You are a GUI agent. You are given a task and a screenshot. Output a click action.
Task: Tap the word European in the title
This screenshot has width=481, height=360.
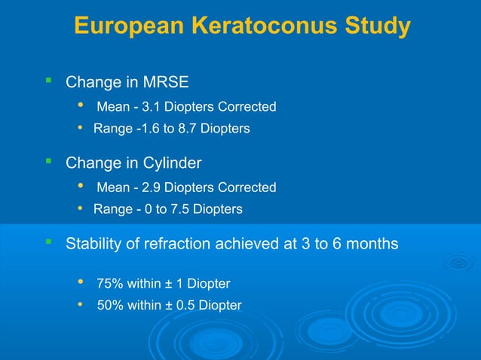click(129, 26)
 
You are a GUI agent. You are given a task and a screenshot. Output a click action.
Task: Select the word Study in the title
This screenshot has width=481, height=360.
click(376, 26)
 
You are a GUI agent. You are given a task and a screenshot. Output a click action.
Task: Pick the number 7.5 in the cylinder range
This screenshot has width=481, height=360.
click(179, 209)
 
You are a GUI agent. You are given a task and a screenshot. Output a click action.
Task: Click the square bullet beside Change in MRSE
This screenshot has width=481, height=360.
click(47, 79)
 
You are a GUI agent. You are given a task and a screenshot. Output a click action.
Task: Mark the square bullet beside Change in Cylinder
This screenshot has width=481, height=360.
click(47, 160)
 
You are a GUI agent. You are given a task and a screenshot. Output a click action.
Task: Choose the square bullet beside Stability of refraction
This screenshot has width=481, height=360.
click(47, 243)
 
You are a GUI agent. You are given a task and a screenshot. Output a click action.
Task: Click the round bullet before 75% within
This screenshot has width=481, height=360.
click(81, 282)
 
